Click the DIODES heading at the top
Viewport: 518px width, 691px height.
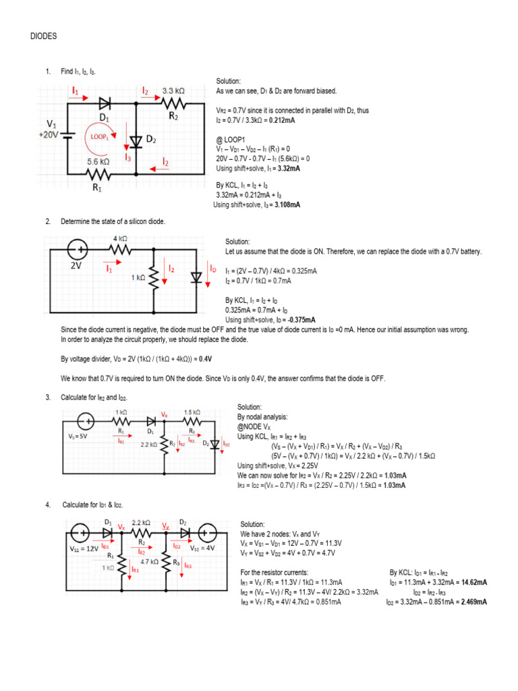click(43, 36)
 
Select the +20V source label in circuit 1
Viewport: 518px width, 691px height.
click(51, 134)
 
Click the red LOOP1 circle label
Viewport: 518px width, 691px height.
click(96, 136)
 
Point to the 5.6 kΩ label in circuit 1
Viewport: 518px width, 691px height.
click(98, 161)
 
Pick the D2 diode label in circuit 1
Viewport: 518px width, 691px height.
click(151, 140)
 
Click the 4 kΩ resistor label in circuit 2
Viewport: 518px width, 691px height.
click(119, 238)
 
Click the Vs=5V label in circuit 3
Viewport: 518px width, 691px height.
click(79, 436)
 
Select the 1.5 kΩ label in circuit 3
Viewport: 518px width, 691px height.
click(192, 412)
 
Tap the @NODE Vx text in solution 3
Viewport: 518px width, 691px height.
click(254, 426)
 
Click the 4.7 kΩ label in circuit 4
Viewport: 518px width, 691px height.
click(149, 561)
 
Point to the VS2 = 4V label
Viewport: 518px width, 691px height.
click(201, 549)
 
